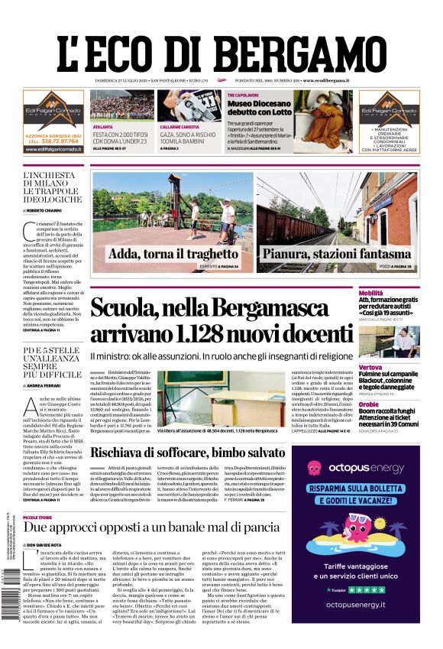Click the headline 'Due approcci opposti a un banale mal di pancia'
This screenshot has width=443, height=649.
[152, 527]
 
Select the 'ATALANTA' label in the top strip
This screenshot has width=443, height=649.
[102, 127]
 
